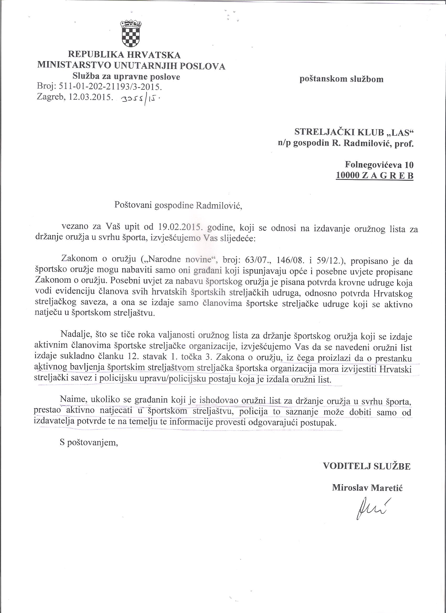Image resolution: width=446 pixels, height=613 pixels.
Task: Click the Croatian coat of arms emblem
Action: [131, 34]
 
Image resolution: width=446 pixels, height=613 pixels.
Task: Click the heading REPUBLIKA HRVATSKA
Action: [124, 55]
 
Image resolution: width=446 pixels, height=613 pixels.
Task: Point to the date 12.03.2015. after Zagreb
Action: [91, 98]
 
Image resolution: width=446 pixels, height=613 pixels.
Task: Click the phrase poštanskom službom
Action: [341, 79]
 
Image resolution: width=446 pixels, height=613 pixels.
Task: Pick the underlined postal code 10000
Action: [347, 176]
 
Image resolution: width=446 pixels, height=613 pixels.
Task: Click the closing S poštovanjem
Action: [89, 444]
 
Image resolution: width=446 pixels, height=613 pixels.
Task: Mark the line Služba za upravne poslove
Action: [126, 77]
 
